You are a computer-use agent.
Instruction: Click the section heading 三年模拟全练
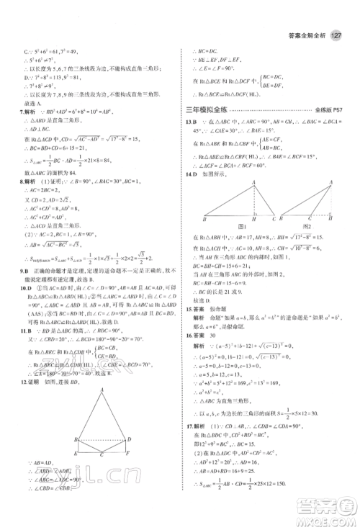(210, 108)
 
